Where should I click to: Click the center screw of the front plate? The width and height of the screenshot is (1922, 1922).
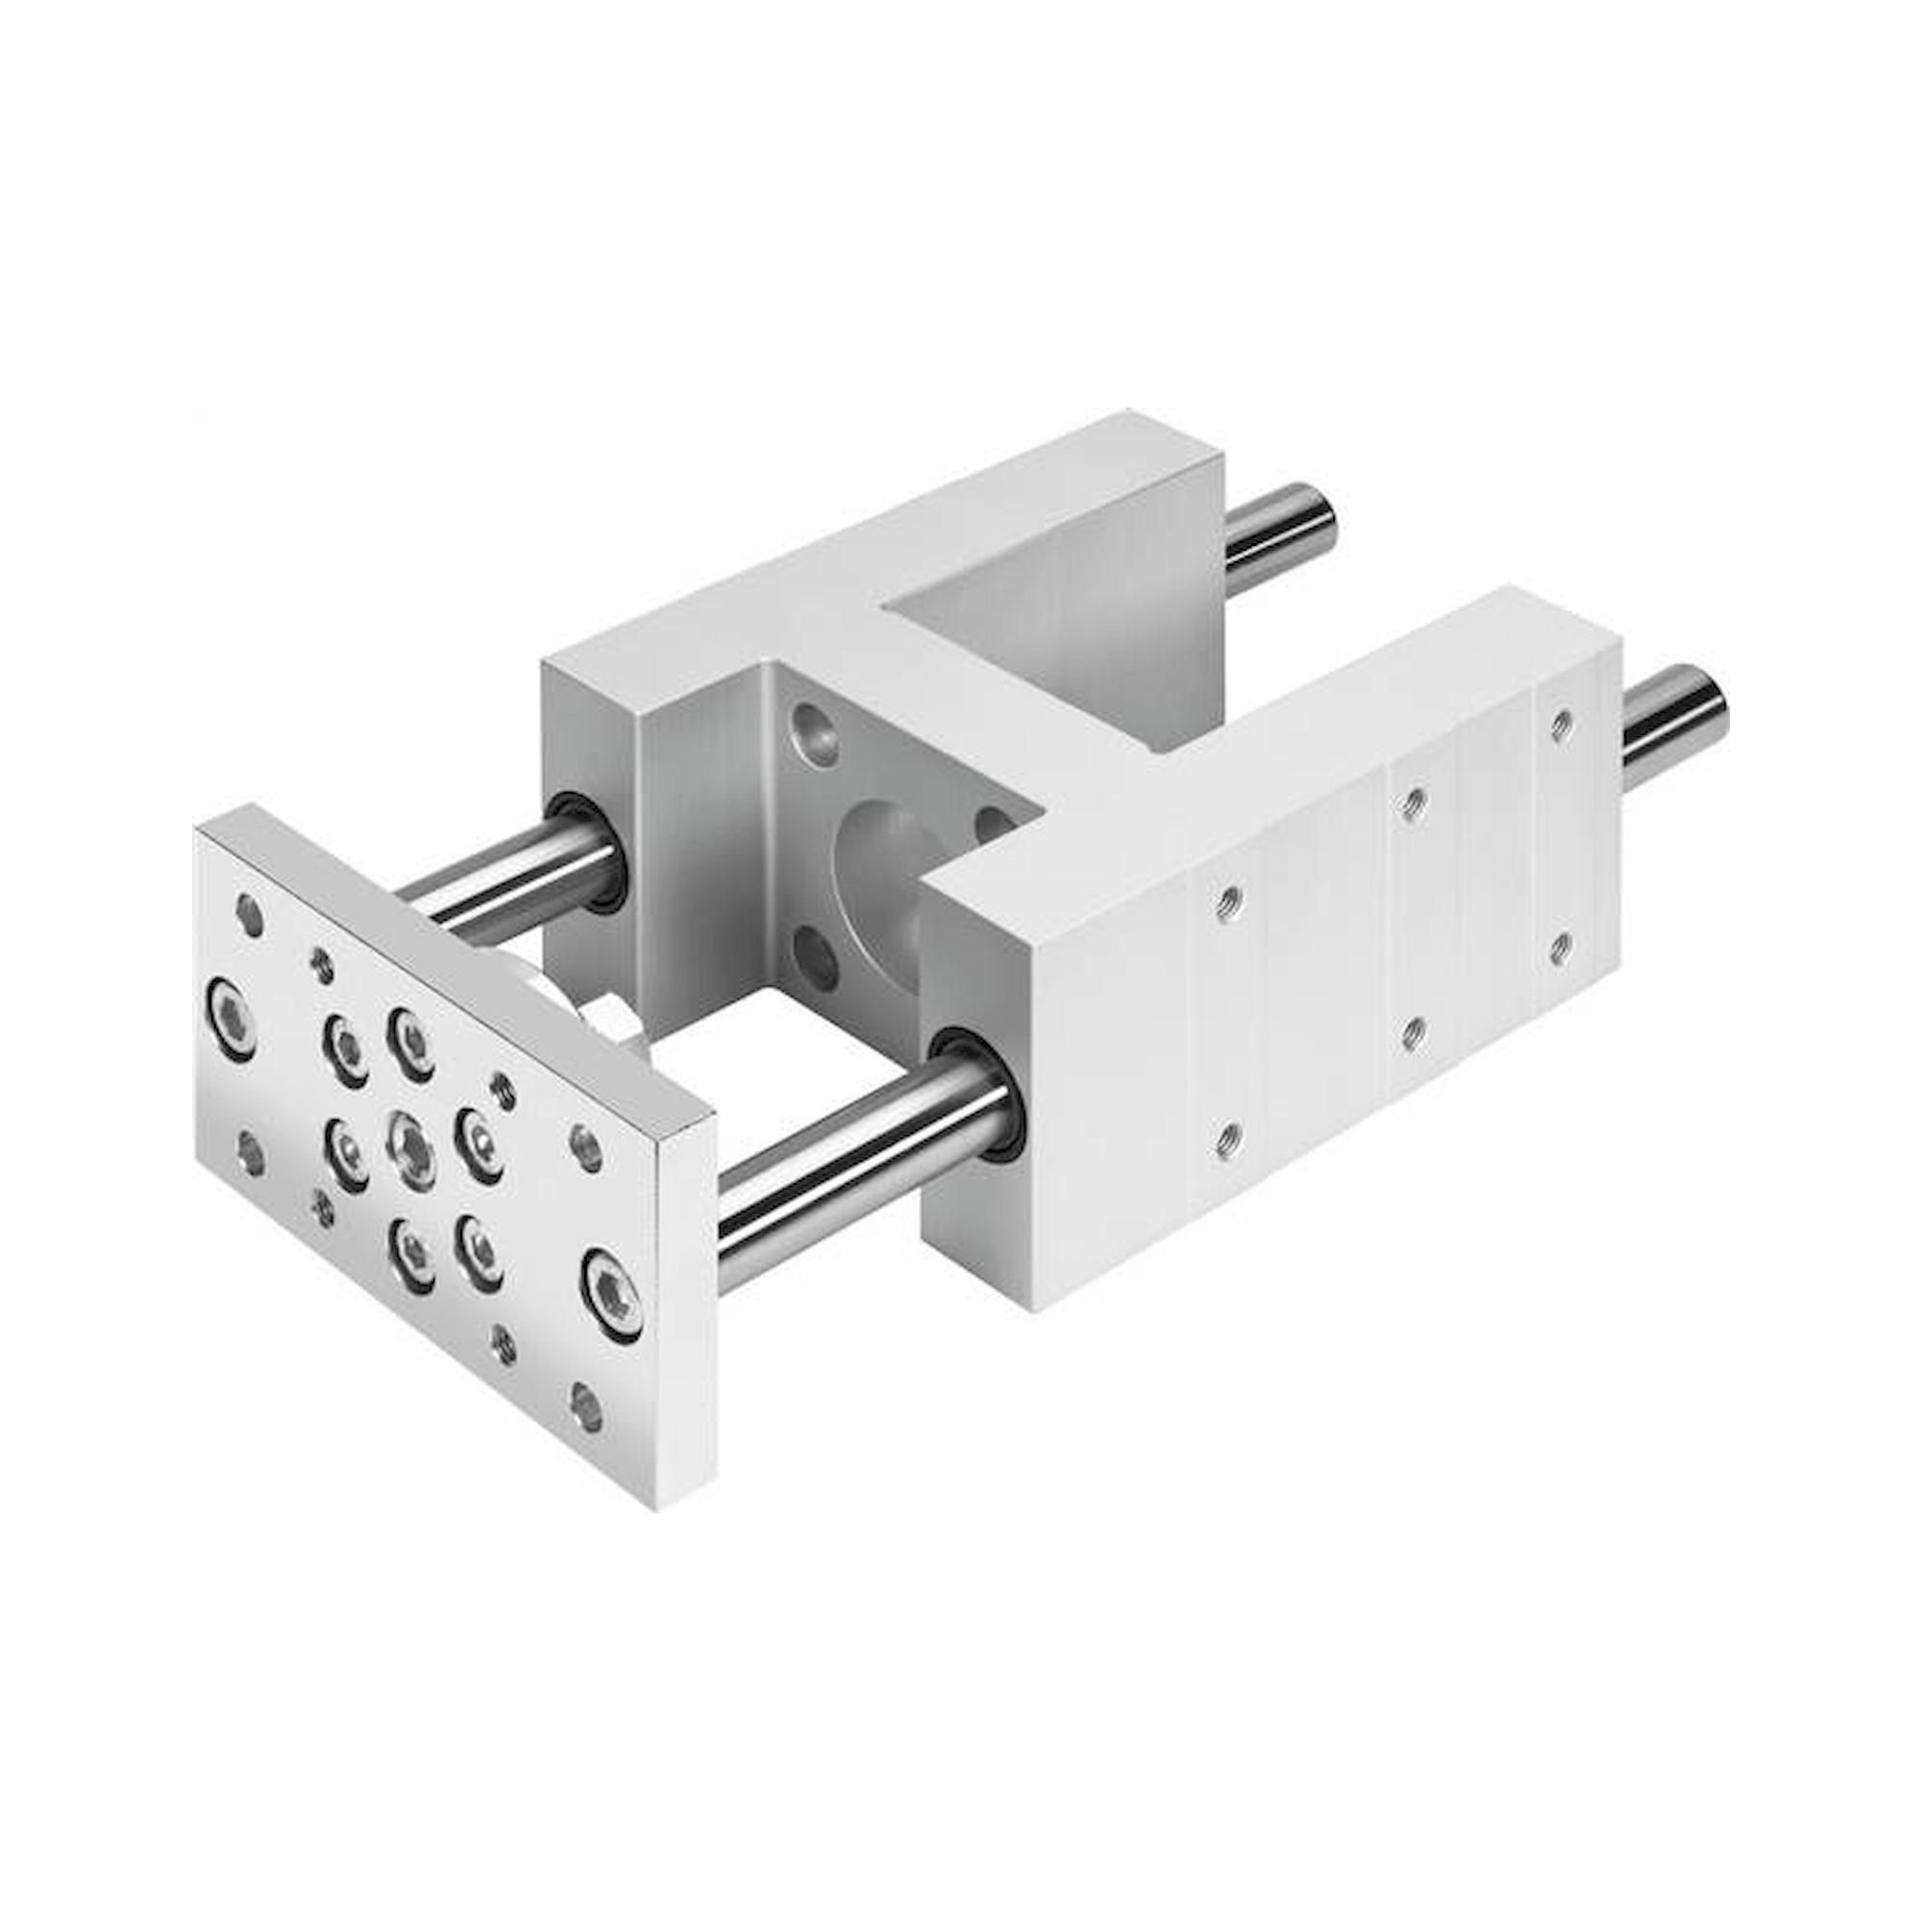(x=411, y=1152)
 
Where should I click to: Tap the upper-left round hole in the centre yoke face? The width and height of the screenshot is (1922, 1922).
(x=817, y=732)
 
